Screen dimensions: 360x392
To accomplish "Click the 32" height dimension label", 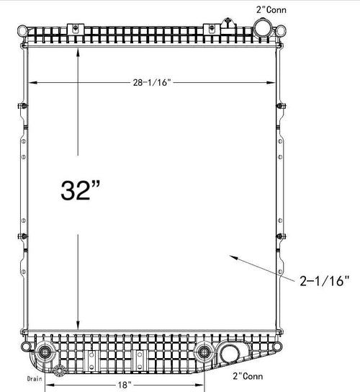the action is pos(80,190).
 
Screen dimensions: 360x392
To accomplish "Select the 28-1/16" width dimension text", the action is pos(152,82).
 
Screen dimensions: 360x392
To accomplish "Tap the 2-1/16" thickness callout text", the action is pos(324,281).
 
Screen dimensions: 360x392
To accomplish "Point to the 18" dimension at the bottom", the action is pos(125,385).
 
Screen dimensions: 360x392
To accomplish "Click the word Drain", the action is pos(35,378).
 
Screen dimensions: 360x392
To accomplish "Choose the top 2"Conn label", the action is pos(271,10).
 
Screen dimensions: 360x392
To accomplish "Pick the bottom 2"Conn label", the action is pos(248,376).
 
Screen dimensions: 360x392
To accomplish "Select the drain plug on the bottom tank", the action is pos(59,370).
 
